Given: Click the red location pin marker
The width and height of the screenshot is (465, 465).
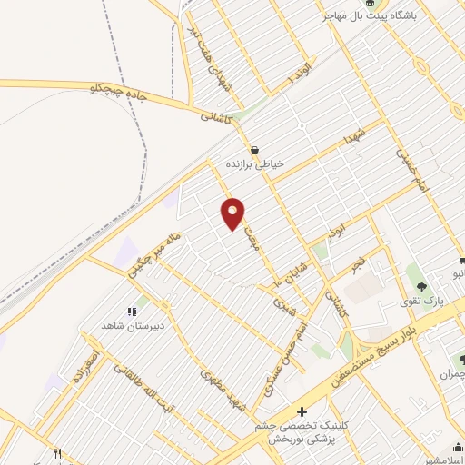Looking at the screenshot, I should (x=233, y=213).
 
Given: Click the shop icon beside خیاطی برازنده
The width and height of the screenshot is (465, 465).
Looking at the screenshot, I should (x=254, y=150).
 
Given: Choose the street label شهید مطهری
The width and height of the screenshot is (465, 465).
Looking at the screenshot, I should (x=222, y=391).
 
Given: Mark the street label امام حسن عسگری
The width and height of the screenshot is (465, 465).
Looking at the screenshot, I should (x=285, y=360).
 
